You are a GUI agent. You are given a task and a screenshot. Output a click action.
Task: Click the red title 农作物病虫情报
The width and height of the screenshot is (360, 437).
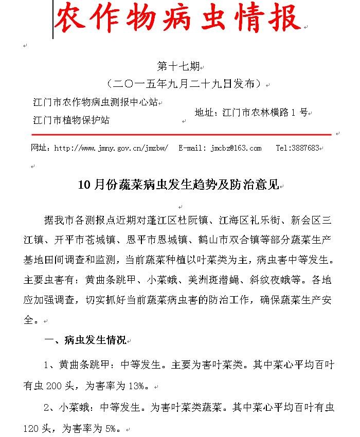[x=177, y=19]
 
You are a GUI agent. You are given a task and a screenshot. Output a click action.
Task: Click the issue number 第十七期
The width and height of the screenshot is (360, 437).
[x=177, y=67]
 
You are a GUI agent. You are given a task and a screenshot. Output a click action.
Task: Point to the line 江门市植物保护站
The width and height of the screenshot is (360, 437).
[x=71, y=120]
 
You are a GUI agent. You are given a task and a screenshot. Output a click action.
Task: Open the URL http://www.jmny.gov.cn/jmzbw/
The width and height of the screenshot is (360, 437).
[x=111, y=148]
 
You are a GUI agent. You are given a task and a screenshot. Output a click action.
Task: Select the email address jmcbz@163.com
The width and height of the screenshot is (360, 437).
[x=236, y=148]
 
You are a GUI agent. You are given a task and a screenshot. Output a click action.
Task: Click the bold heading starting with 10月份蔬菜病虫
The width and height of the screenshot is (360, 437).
[x=178, y=186]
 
